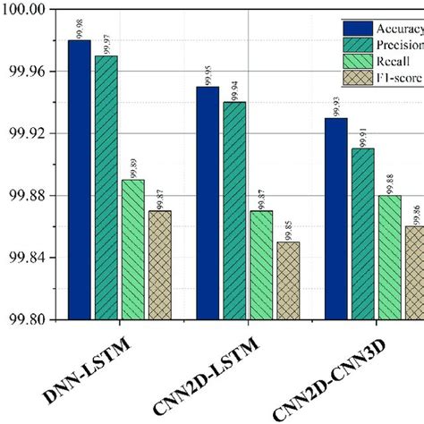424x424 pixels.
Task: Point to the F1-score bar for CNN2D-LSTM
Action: click(x=289, y=281)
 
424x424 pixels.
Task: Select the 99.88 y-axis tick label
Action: click(x=27, y=196)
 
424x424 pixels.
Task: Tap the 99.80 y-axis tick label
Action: click(x=27, y=319)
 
